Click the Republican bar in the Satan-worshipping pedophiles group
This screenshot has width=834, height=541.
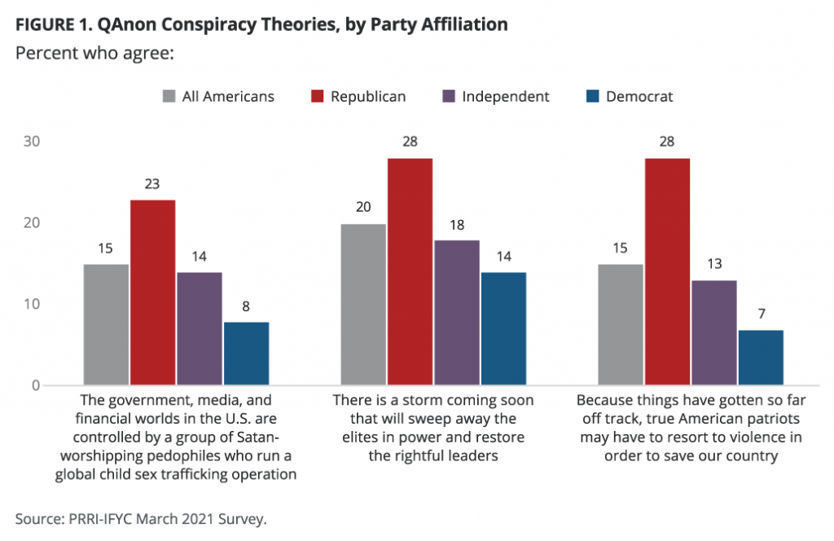pos(152,292)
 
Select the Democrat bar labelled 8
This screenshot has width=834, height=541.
pos(246,353)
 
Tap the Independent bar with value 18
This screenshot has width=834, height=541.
pos(457,312)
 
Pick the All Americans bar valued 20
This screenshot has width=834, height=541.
pos(363,304)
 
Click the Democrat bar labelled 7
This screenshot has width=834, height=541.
pos(760,357)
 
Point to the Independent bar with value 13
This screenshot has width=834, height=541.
pos(713,332)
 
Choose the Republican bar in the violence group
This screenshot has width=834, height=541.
pos(666,271)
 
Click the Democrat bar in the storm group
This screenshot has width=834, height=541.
pos(503,328)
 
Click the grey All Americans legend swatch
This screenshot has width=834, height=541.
pos(169,96)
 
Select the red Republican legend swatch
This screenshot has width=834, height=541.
pos(317,96)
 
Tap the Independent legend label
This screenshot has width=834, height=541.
pos(505,96)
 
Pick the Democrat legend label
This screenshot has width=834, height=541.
pos(639,96)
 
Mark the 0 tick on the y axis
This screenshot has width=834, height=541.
pos(35,385)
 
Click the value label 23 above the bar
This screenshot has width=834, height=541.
pos(152,184)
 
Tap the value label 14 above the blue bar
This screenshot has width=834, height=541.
pos(503,257)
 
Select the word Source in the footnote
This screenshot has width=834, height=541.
pos(37,517)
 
